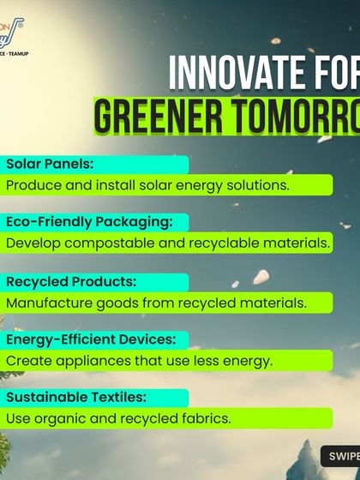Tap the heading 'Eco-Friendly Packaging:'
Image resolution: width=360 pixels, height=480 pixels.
coord(88,222)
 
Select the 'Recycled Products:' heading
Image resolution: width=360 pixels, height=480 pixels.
coord(71,281)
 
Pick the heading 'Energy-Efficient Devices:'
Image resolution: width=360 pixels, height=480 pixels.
coord(90,339)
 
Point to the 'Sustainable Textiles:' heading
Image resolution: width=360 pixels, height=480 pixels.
coord(76,398)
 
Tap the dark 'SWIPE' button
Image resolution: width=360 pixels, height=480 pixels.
coord(340,457)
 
